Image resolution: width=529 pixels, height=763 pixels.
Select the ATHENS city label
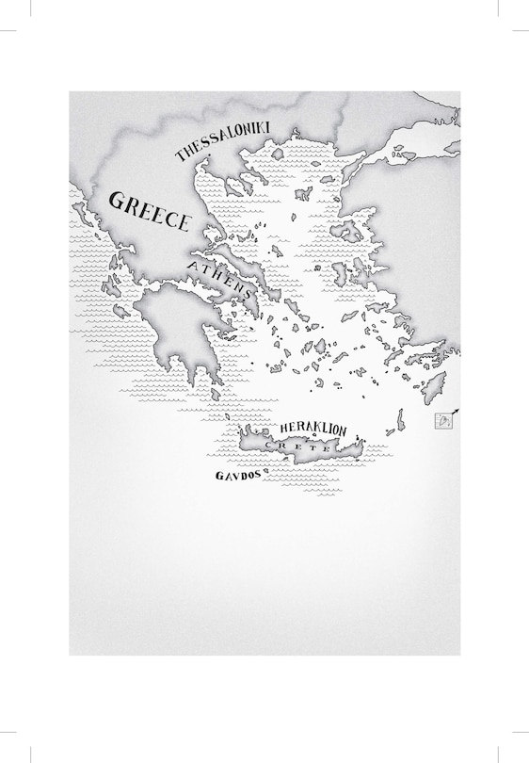tap(220, 281)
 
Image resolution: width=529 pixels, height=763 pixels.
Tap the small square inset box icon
tap(441, 420)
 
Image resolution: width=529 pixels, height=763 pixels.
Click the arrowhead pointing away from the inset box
tap(457, 411)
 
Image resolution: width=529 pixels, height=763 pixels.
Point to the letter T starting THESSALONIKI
tap(180, 157)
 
